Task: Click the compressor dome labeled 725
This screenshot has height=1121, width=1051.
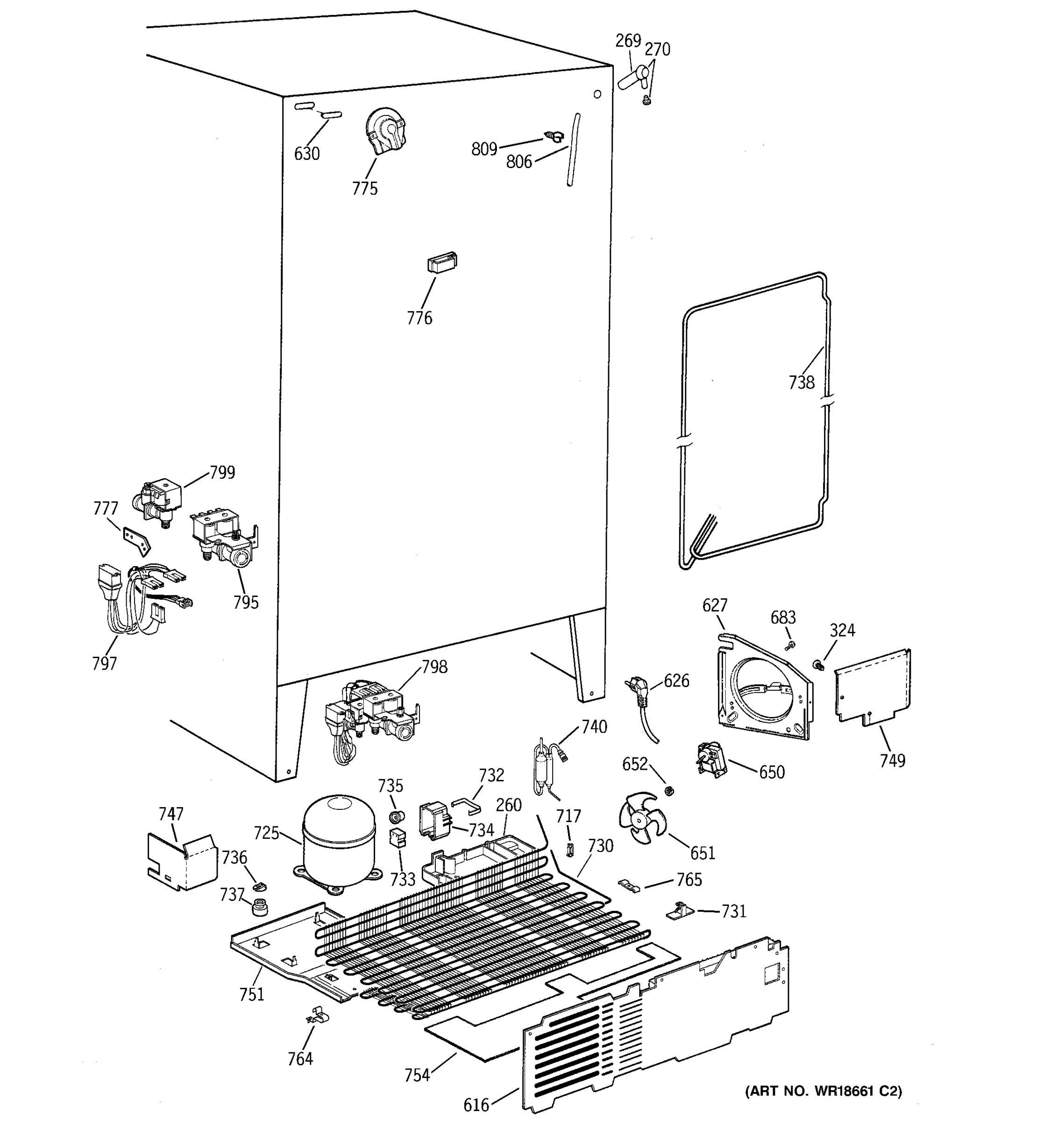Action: (x=338, y=840)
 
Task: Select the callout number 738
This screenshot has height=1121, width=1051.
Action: (x=801, y=383)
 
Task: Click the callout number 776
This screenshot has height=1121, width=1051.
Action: (x=419, y=318)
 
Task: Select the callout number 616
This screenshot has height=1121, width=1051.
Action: (x=476, y=1105)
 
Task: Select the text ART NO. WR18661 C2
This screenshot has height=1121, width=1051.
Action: (x=823, y=1091)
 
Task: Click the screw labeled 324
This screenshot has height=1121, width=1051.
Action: (x=817, y=666)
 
